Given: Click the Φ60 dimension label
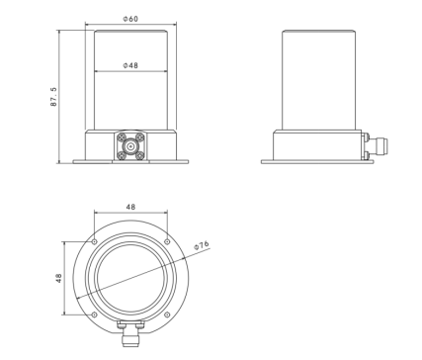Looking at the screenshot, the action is point(130,19).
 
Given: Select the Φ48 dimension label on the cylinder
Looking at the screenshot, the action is point(130,65).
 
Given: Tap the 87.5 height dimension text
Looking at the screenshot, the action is point(53,97).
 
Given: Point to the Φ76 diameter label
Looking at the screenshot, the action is point(202,245).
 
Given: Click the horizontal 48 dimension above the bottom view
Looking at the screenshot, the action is point(130,207).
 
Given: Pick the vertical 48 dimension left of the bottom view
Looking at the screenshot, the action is point(58,278).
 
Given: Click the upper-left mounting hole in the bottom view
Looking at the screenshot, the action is point(94,242).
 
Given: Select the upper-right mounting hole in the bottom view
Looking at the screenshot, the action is point(167,242).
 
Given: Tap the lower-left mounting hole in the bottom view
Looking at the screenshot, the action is point(94,315).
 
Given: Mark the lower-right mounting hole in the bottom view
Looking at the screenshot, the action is point(167,315).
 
